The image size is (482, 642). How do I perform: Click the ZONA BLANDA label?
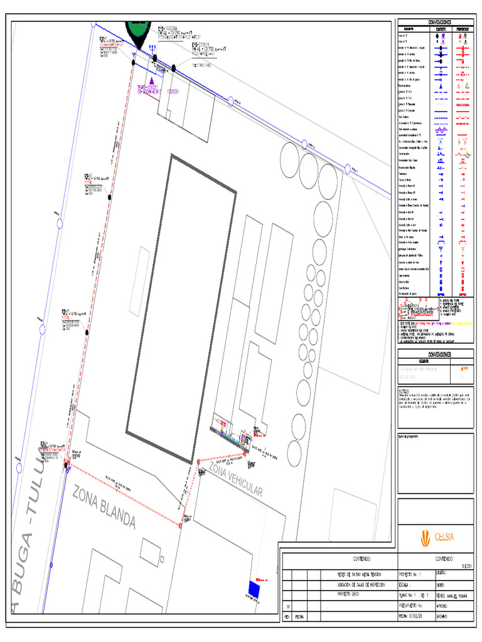tap(104, 507)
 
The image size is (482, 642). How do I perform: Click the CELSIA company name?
tap(444, 537)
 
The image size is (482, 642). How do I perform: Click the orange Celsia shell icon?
tap(425, 537)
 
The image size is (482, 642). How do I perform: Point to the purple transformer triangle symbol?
tap(153, 81)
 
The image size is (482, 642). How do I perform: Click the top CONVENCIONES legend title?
tap(434, 22)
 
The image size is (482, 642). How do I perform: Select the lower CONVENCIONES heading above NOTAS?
tap(434, 354)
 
